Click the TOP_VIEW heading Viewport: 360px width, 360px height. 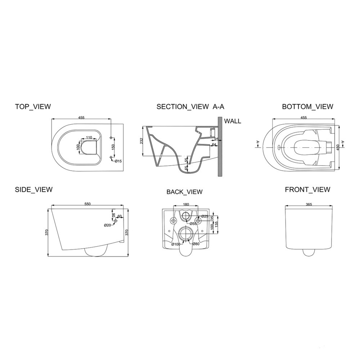pos(33,107)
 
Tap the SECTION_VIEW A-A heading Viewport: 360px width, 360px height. pos(190,107)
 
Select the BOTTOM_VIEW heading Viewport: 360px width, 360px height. pos(307,107)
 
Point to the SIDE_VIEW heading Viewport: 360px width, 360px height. pos(34,190)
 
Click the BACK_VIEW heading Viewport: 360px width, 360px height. pos(185,192)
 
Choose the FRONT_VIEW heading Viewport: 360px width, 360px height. pos(308,190)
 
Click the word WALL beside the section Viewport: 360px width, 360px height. pos(233,121)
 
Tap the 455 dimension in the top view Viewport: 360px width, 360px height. pos(81,118)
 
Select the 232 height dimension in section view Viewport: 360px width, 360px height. pos(141,141)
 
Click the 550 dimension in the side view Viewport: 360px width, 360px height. pos(88,204)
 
